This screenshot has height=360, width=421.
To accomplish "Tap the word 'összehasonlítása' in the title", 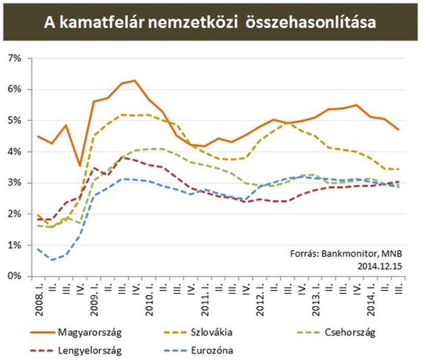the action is point(310,22).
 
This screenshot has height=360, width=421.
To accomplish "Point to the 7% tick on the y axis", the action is point(15,58).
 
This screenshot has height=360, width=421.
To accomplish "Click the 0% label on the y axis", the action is point(15,276).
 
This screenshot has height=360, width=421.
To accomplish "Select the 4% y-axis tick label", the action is point(15,151).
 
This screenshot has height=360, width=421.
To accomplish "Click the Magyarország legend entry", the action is point(76,332).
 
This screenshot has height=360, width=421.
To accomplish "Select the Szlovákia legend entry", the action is point(198,332).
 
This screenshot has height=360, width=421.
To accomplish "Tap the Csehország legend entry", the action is point(336,332).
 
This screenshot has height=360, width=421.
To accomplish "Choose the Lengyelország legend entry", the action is point(76,351).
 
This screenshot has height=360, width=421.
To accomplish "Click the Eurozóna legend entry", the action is point(198,351).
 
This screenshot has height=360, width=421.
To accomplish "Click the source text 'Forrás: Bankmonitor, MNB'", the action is point(346,253).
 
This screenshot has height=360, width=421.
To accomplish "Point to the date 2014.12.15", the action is point(379,266).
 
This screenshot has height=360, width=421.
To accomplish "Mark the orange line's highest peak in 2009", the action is point(135,80).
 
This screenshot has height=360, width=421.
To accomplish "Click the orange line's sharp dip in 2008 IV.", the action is point(80,166).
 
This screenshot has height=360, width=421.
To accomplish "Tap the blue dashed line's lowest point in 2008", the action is point(52,260).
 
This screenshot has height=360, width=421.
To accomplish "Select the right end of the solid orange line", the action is point(399,130).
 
